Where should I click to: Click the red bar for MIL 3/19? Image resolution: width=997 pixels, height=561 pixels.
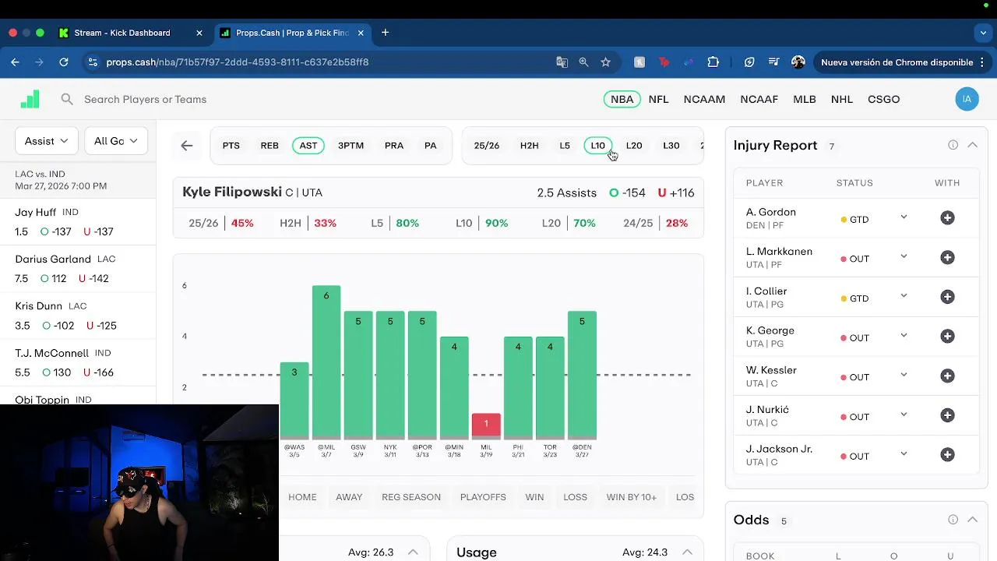486,425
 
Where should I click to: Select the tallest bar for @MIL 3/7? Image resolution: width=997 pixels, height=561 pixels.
326,362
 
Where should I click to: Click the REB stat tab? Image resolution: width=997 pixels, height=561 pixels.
270,146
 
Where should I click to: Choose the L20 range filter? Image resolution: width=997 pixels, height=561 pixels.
634,146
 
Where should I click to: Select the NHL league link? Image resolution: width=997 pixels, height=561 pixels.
842,99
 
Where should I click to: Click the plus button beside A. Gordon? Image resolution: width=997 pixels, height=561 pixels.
947,218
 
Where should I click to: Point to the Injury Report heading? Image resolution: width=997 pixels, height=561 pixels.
775,146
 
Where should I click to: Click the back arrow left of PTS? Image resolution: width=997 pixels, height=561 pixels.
187,146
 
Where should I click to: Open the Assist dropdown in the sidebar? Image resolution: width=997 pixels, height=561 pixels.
46,141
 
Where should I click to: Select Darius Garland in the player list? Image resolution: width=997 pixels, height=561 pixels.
53,259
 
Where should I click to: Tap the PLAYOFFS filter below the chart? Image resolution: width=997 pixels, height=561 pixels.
483,497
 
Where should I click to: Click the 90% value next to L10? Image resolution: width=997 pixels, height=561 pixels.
496,223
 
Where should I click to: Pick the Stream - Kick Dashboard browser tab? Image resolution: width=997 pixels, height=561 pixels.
122,33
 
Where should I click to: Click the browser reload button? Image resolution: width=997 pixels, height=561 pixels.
64,62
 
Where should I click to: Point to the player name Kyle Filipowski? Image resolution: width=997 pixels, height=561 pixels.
231,192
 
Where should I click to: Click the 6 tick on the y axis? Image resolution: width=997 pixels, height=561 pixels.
185,285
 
